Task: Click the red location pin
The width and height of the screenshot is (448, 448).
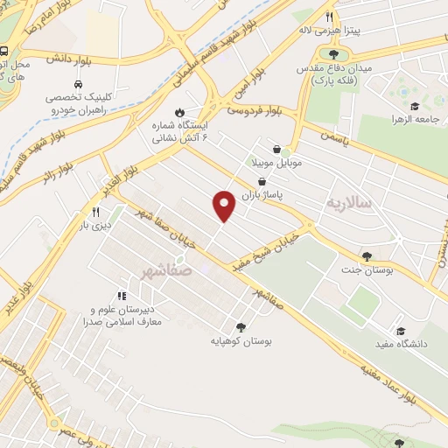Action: tap(224, 206)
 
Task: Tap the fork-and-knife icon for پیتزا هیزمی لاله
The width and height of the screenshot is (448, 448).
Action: tap(330, 17)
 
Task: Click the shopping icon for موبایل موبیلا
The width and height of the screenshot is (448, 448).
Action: tap(277, 149)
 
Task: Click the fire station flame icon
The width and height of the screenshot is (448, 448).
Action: tap(179, 112)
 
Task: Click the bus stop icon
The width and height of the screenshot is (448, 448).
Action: tap(4, 51)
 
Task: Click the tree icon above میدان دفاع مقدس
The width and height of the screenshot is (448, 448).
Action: tap(333, 53)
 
